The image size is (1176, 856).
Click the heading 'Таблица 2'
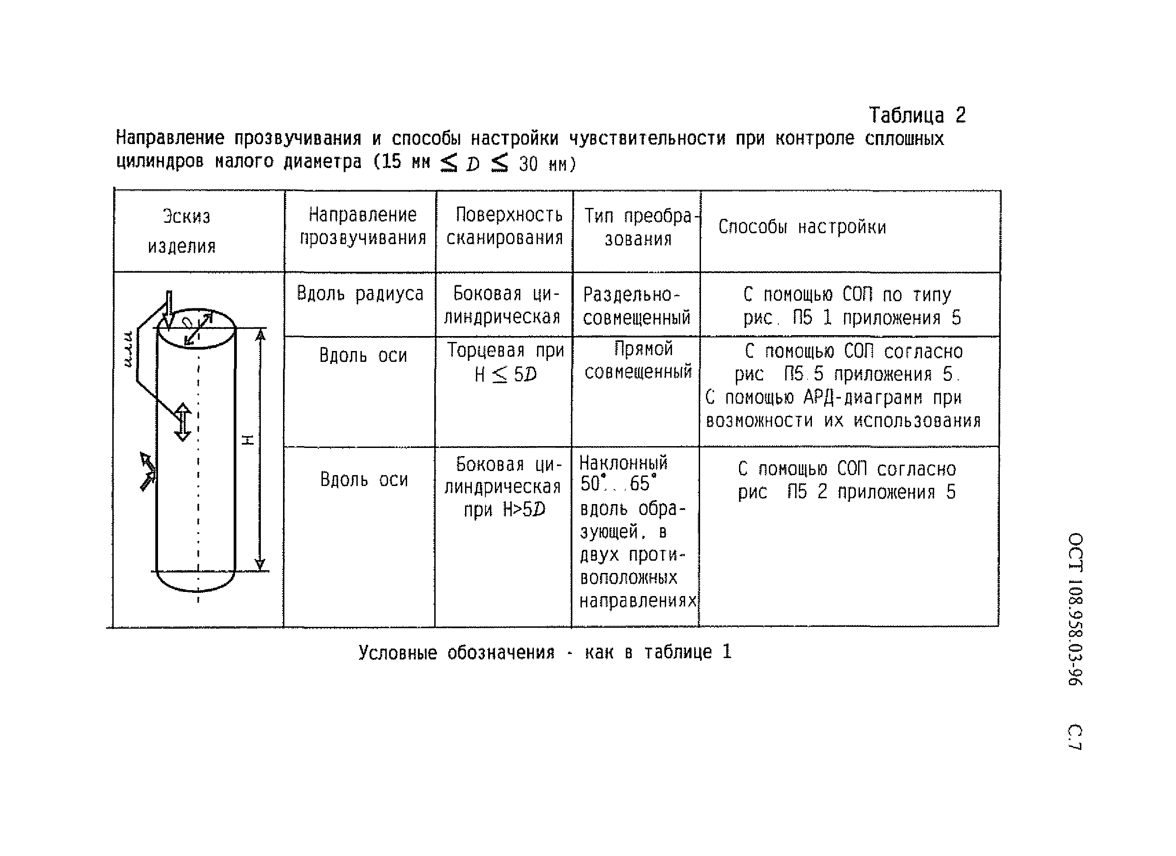pos(916,115)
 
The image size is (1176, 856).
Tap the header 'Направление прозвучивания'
pos(362,226)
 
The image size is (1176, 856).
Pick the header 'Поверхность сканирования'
pos(505,226)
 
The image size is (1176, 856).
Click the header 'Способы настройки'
pos(802,227)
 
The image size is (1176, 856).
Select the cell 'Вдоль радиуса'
pos(360,294)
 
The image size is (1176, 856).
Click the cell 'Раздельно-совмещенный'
pos(636,306)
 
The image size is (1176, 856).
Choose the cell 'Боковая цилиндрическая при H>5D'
pos(503,487)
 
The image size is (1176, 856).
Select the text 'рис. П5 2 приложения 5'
pos(846,492)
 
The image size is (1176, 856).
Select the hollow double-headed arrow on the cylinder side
pos(182,422)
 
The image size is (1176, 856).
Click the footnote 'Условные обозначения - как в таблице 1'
pos(544,652)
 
